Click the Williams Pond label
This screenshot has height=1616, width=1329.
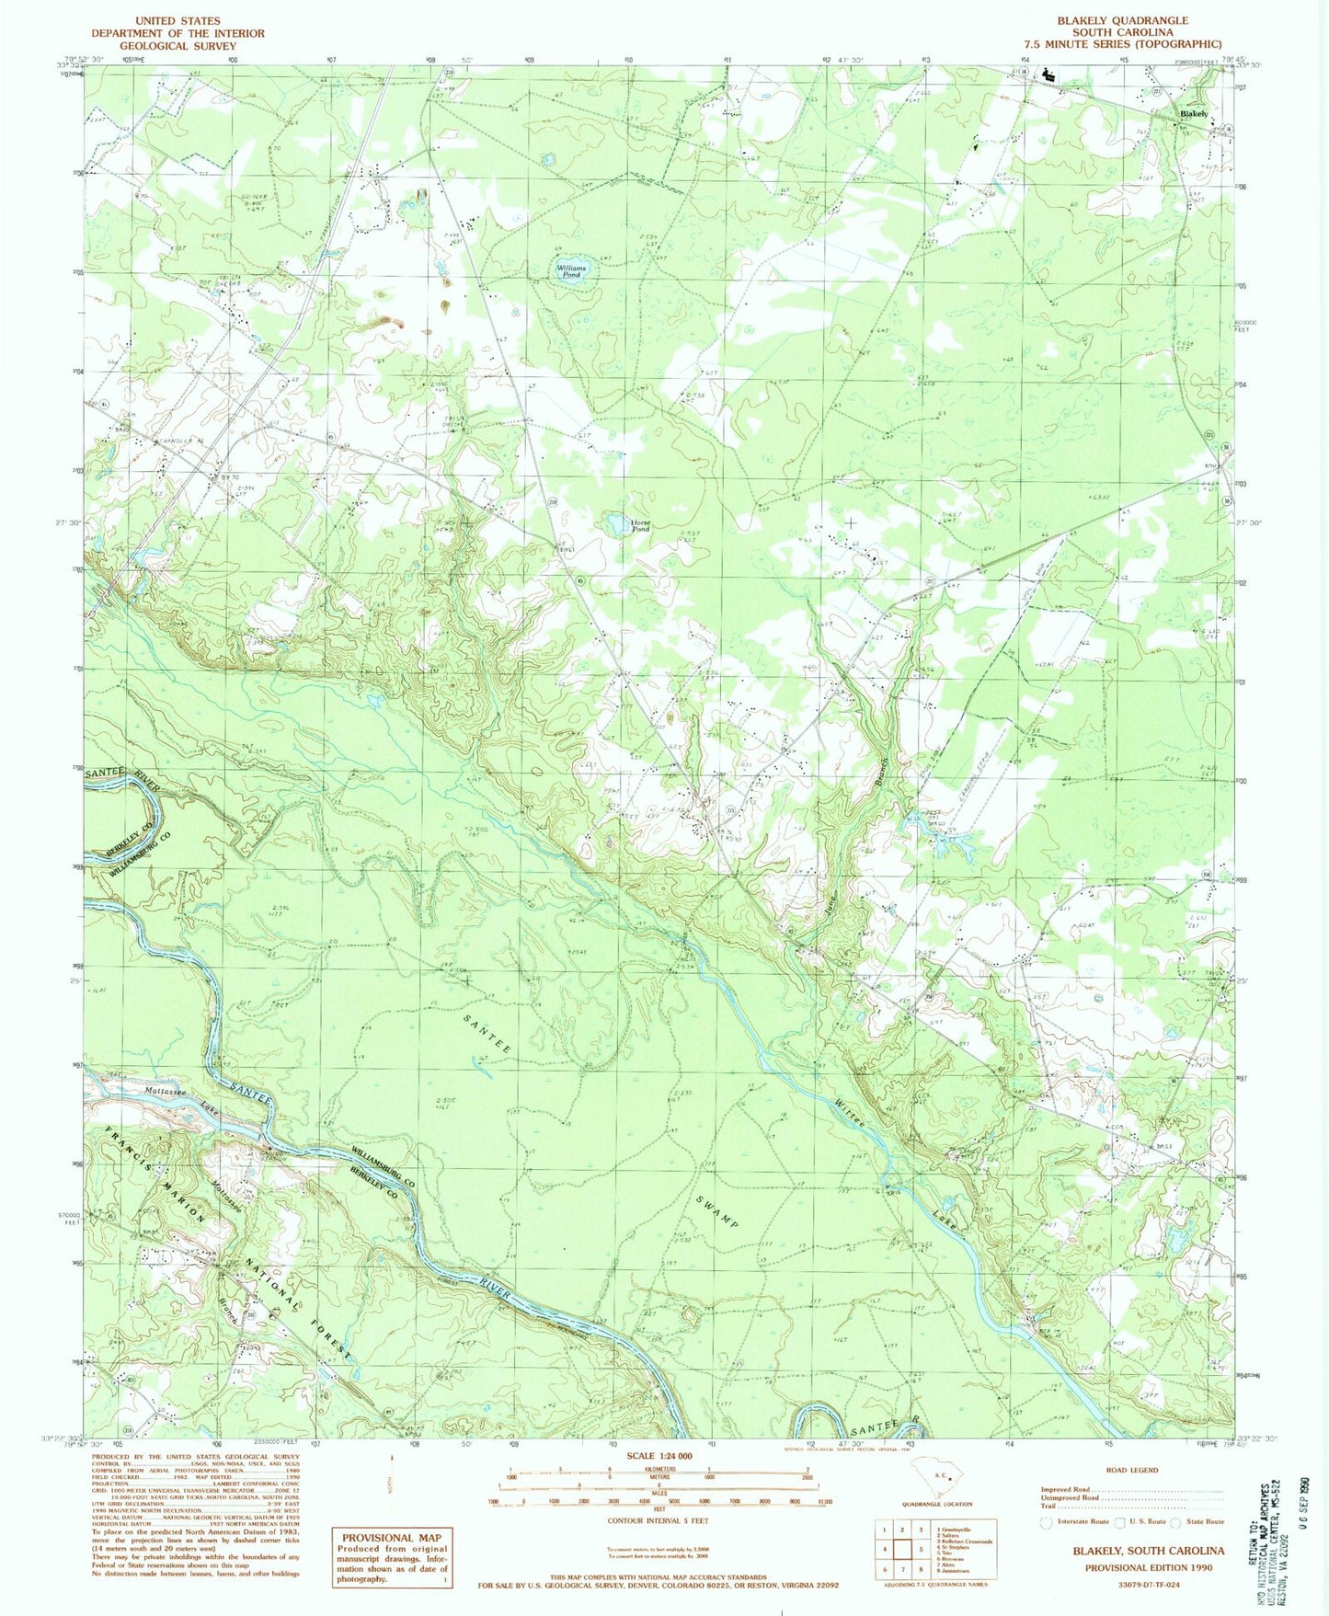pyautogui.click(x=571, y=270)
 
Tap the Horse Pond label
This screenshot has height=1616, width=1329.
pyautogui.click(x=640, y=526)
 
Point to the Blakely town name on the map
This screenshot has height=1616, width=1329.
pyautogui.click(x=1194, y=114)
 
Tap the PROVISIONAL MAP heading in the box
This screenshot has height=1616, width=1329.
pyautogui.click(x=392, y=1538)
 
